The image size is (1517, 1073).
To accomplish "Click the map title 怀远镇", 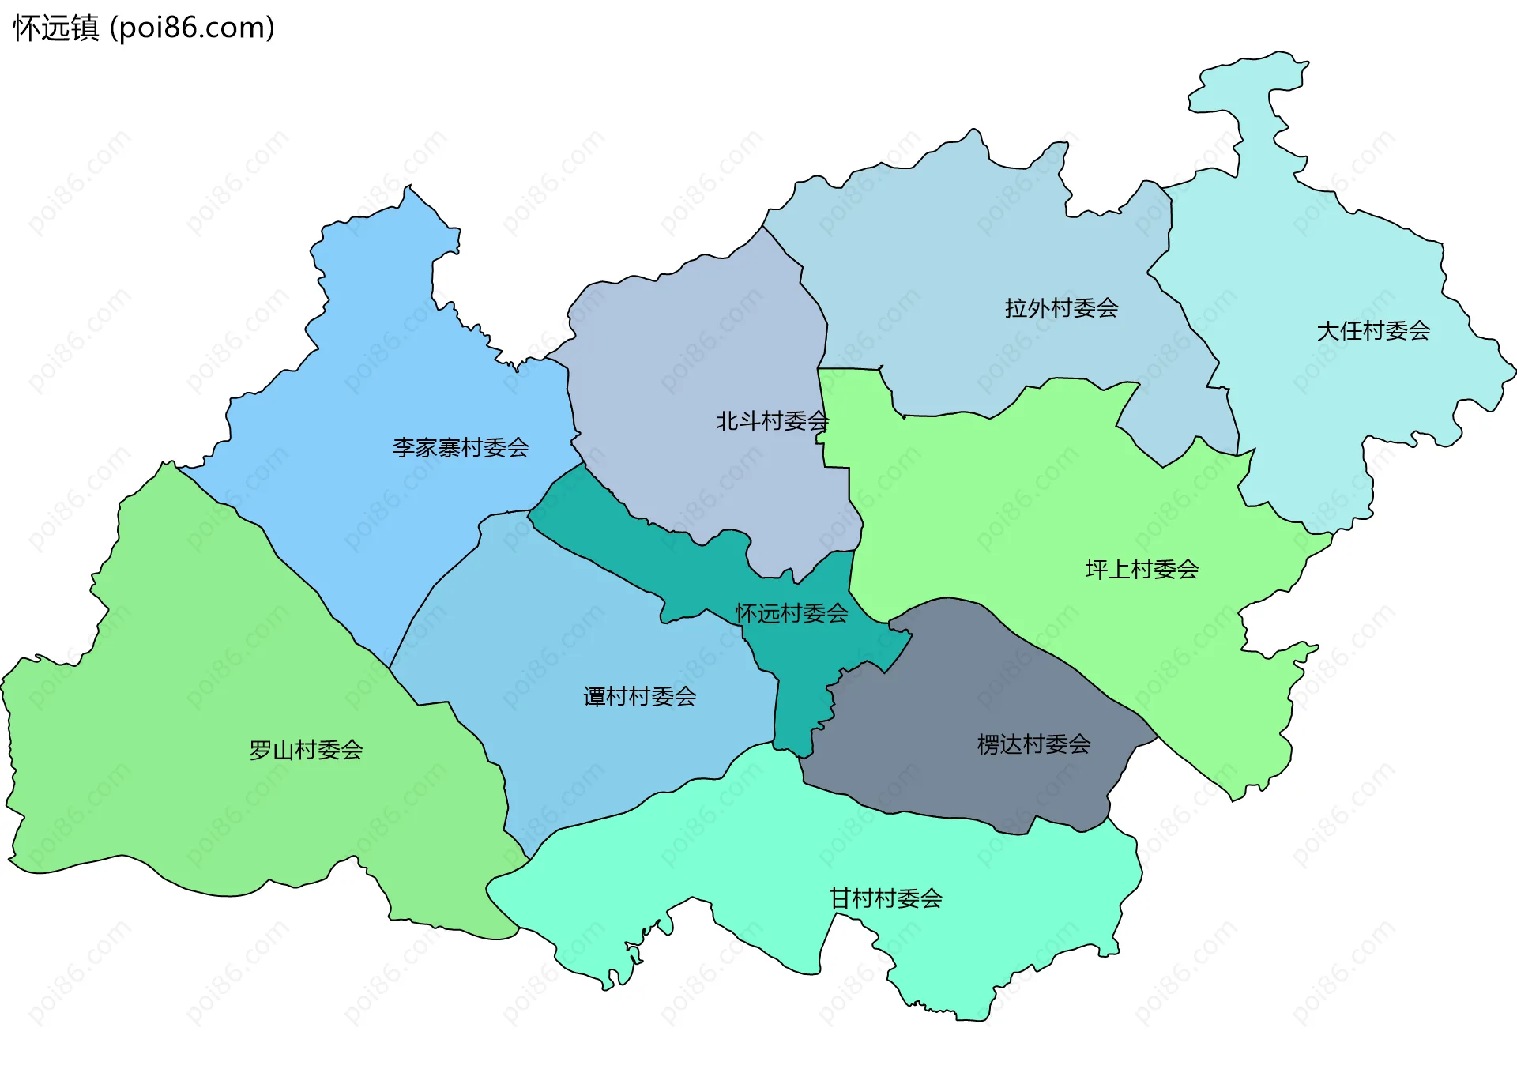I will click(55, 28).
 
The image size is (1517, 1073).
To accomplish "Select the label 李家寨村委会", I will click(461, 448).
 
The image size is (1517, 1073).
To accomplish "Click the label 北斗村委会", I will click(772, 421).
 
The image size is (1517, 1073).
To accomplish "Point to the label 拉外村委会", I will click(1061, 308).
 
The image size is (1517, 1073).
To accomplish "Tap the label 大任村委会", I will click(1373, 331).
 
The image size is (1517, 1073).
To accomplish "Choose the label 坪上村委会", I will click(1142, 569).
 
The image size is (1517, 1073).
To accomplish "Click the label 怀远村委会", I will click(792, 613).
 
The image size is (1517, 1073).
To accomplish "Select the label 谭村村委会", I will click(639, 696).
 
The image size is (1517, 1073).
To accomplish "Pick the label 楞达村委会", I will click(1033, 744).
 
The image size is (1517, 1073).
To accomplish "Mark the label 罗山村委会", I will click(306, 750).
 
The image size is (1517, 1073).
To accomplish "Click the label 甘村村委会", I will click(885, 898).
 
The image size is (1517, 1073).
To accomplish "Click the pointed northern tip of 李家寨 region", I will click(408, 198).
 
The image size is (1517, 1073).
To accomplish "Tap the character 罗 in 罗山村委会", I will click(260, 750).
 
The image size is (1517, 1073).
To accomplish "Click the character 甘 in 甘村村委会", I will click(839, 898).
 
